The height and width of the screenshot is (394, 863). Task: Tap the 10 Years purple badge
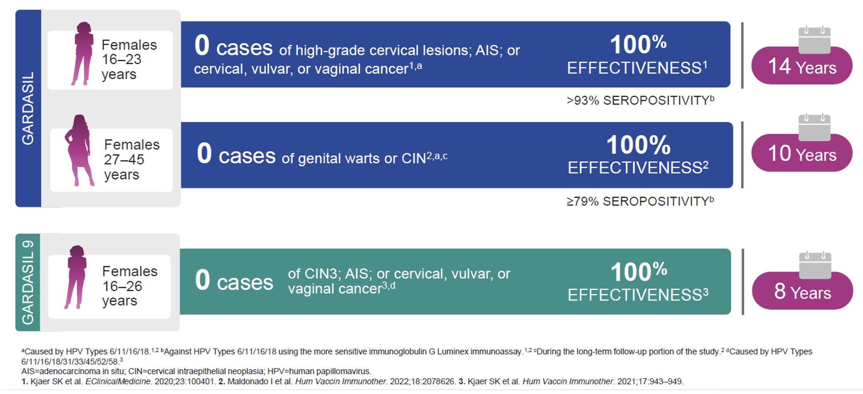(x=802, y=154)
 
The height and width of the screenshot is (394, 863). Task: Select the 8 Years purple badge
(x=802, y=292)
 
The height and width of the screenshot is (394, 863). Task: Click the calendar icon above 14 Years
(x=814, y=40)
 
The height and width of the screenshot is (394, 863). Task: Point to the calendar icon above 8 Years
(x=815, y=265)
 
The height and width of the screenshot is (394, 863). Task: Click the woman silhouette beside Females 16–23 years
(x=82, y=53)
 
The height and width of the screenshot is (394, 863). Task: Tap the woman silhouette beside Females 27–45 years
(x=79, y=150)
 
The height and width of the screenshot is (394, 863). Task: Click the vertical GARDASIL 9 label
(x=27, y=282)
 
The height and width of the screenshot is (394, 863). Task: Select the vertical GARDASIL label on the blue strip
(x=27, y=108)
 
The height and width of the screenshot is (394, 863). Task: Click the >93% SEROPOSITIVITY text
(x=640, y=100)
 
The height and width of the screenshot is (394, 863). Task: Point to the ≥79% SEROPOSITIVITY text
(x=640, y=201)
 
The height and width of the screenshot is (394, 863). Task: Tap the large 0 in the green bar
(x=202, y=279)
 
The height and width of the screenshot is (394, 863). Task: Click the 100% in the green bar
(x=639, y=272)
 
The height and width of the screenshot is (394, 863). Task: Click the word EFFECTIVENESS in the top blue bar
(x=634, y=68)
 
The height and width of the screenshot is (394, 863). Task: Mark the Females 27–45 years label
(x=132, y=160)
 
